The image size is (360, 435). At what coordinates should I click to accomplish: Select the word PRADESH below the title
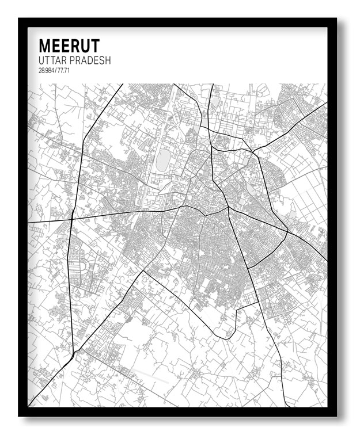(x=90, y=60)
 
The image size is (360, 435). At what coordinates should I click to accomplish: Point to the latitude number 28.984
(x=46, y=71)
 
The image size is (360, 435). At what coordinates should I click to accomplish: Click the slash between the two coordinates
(x=55, y=71)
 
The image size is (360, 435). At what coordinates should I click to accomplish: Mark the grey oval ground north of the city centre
(x=164, y=159)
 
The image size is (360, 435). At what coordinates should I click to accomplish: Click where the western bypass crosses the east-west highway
(x=71, y=219)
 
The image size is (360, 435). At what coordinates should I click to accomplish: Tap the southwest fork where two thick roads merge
(x=73, y=352)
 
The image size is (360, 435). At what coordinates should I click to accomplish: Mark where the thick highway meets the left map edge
(x=28, y=222)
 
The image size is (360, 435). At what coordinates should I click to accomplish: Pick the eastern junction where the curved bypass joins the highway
(x=287, y=232)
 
